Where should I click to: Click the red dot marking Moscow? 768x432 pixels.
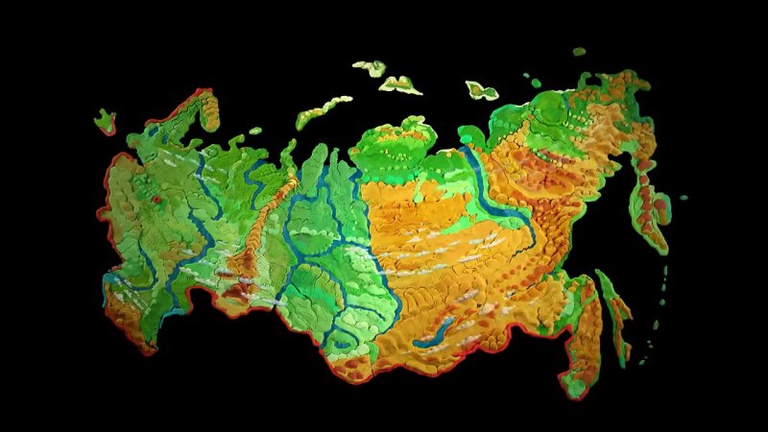click(156, 200)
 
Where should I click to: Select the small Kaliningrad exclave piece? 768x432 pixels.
click(105, 120)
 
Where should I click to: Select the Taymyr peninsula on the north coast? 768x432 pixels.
click(394, 144)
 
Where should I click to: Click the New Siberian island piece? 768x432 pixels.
click(481, 90)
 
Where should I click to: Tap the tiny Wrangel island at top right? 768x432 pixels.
click(579, 51)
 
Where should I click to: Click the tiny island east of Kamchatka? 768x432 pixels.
click(684, 198)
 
